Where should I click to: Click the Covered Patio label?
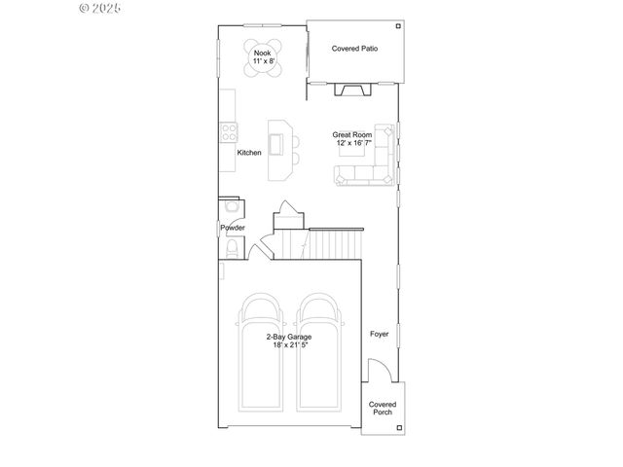tap(354, 48)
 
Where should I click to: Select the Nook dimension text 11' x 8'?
tap(263, 61)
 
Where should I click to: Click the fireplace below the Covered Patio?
tap(351, 90)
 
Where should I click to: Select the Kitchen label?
tap(249, 152)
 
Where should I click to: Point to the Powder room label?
tap(232, 228)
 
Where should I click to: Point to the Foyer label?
tap(379, 334)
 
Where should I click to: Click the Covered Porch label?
tap(383, 408)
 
